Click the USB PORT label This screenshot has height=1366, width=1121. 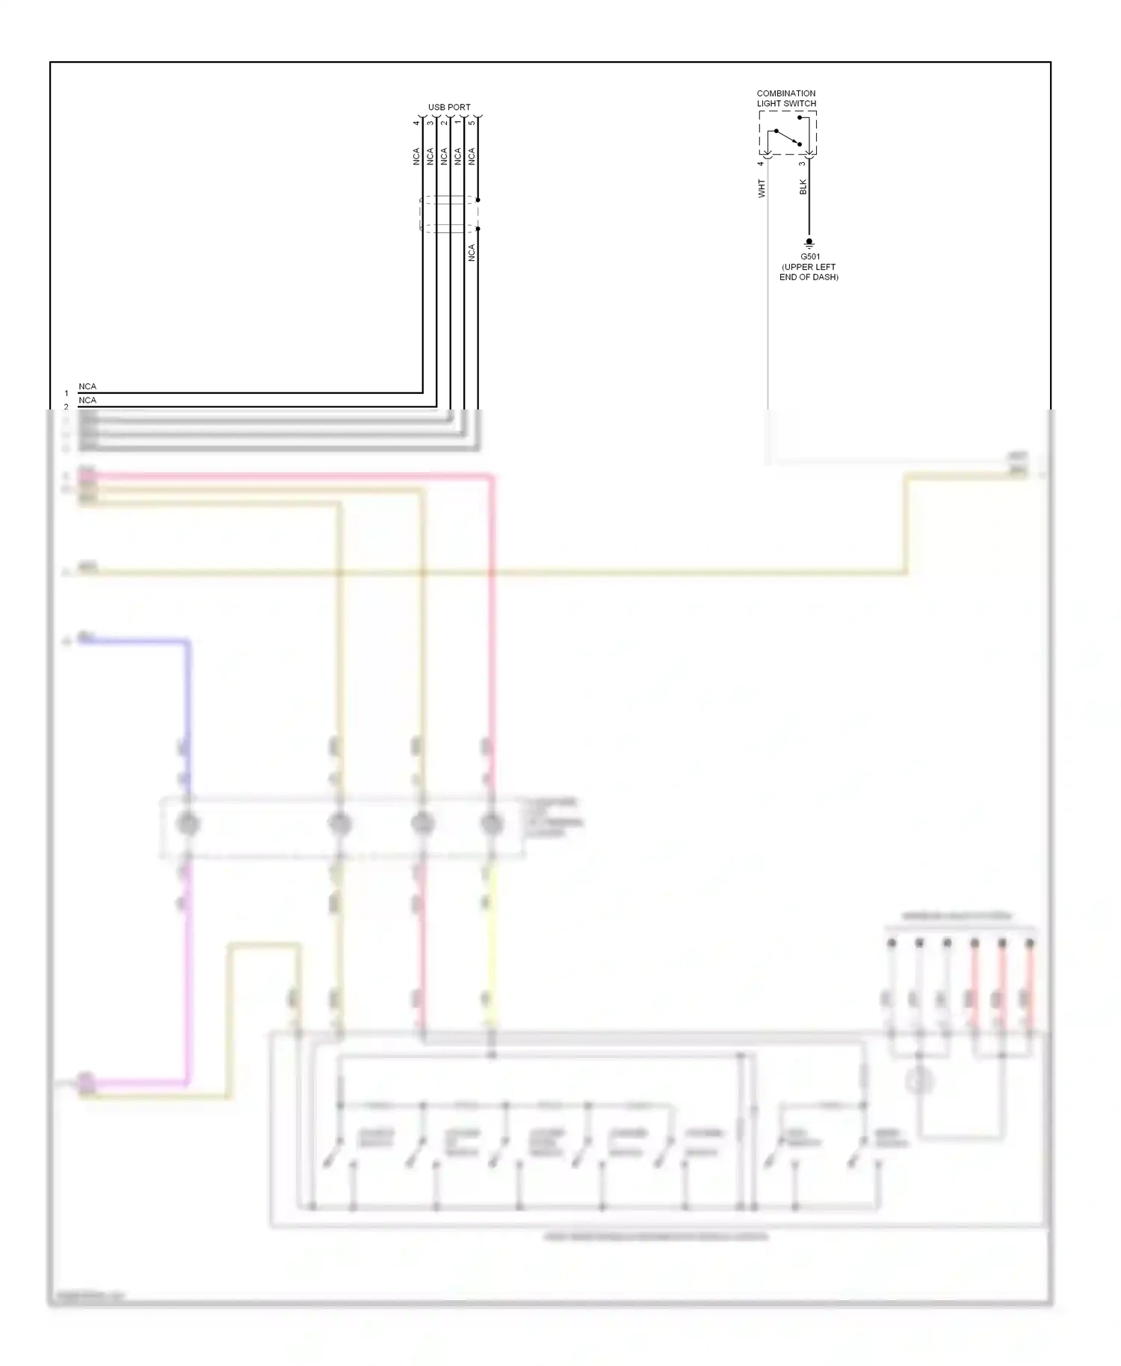tap(449, 107)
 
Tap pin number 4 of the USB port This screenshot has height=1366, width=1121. tap(416, 123)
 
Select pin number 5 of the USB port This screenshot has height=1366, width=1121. tap(472, 123)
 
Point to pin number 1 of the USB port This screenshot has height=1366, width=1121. tap(457, 123)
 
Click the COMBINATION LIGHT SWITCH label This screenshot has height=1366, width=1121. tap(786, 99)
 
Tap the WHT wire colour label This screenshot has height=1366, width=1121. tap(762, 188)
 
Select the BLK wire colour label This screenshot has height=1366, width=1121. tap(803, 187)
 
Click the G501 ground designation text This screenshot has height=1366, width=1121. tap(810, 256)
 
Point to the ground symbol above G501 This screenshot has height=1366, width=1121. tap(809, 244)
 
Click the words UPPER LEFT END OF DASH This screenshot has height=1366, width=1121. tap(809, 272)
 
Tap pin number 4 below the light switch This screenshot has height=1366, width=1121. tap(761, 164)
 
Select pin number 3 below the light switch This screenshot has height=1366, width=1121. tap(802, 164)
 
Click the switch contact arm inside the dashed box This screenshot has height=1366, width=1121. tap(788, 137)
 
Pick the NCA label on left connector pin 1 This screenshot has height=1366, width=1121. tap(87, 386)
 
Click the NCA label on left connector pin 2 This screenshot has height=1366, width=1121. tap(87, 400)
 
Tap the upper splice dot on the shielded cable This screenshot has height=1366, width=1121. tap(478, 200)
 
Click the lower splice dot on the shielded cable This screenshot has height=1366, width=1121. tap(478, 229)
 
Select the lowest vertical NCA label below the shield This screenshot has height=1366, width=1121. tap(472, 253)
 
